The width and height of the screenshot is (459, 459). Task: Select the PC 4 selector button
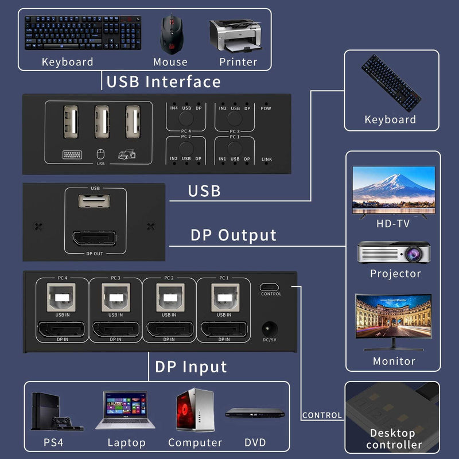(x=186, y=118)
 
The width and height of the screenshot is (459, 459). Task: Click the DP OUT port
(x=95, y=240)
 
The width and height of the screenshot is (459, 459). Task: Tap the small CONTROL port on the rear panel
(x=271, y=286)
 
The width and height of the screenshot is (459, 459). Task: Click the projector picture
(x=394, y=252)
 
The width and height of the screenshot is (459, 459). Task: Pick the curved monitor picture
(x=393, y=321)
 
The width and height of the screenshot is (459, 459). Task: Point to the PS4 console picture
(x=58, y=410)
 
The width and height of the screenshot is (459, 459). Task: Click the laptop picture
(x=126, y=410)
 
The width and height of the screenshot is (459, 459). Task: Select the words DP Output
(x=234, y=235)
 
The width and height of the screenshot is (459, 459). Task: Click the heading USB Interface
(x=164, y=81)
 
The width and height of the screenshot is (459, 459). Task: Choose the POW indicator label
(x=266, y=108)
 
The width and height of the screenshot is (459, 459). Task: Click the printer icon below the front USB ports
(x=126, y=154)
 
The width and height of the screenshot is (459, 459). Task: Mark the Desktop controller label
(x=393, y=439)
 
